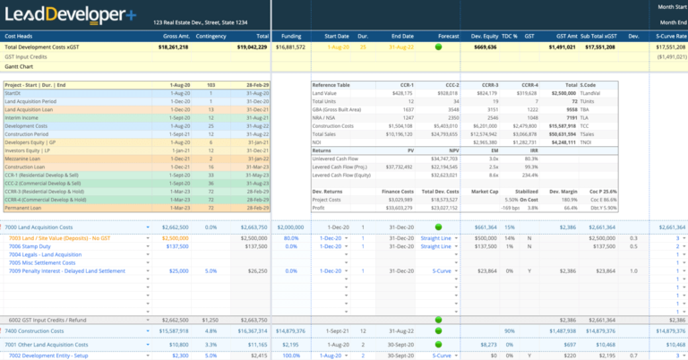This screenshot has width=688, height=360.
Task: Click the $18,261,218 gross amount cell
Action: coord(168,46)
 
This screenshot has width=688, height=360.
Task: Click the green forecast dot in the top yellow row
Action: coord(438,46)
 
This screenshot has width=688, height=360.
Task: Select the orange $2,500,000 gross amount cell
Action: coord(171,237)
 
